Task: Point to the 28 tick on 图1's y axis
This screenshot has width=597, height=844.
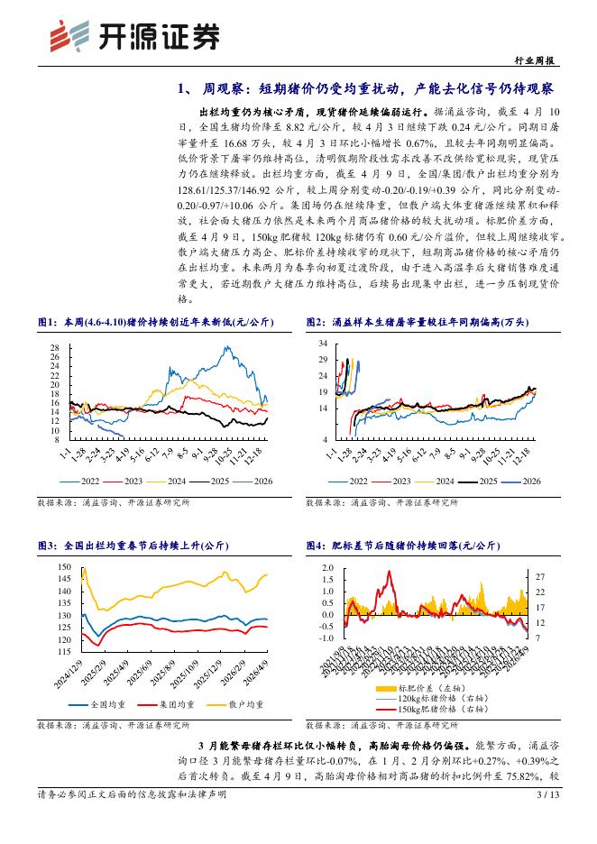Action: [54, 347]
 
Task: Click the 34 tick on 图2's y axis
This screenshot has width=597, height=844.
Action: [323, 344]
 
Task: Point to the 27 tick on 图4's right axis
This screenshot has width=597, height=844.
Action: [539, 575]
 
